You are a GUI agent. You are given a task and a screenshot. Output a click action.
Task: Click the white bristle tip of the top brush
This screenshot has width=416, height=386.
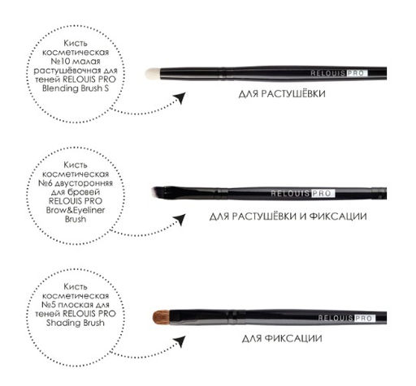(153, 74)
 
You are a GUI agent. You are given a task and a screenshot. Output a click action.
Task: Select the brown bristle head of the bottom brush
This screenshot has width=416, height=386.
(161, 317)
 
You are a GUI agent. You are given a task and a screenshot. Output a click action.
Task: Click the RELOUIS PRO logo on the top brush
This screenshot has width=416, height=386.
(339, 73)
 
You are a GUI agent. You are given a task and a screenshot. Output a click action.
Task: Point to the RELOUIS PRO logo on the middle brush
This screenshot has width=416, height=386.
(303, 194)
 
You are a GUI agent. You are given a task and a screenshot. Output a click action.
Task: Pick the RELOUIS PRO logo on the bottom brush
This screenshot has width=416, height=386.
(347, 318)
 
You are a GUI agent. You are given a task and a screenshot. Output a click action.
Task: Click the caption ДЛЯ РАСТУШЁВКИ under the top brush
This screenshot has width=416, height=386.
(282, 94)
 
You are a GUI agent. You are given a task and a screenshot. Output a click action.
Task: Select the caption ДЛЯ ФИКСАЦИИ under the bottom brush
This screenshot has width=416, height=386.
(282, 338)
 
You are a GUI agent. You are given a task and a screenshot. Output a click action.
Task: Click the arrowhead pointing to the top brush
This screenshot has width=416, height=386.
(180, 97)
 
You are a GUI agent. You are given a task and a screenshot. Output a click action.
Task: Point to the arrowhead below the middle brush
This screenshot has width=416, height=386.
(180, 219)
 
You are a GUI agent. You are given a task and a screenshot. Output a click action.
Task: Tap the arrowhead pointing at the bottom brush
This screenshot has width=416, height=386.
(180, 341)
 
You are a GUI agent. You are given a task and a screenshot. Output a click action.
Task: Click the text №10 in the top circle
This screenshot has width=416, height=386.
(57, 62)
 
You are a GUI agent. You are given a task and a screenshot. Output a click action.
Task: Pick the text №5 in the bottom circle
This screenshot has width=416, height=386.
(49, 305)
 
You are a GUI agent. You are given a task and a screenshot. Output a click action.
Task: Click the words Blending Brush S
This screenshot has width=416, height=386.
(76, 88)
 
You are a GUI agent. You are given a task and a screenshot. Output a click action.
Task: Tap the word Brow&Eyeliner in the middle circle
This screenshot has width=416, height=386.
(76, 210)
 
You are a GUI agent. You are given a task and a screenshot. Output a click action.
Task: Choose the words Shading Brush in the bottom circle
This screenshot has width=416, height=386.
(76, 323)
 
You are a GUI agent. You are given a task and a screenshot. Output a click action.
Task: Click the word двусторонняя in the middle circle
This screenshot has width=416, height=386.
(84, 183)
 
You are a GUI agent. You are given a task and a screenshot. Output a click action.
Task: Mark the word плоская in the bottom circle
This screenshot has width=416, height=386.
(73, 305)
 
